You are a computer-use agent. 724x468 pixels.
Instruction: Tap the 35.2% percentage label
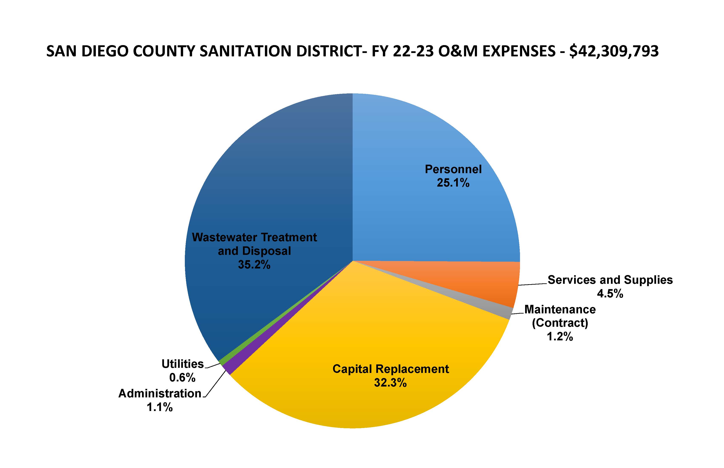coord(254,265)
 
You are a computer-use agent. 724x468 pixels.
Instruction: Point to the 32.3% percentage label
coord(390,383)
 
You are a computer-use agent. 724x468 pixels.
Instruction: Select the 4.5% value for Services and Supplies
coord(610,294)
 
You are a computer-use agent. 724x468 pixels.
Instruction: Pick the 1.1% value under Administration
coord(160,407)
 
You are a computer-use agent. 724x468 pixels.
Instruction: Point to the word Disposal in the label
coord(266,251)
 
